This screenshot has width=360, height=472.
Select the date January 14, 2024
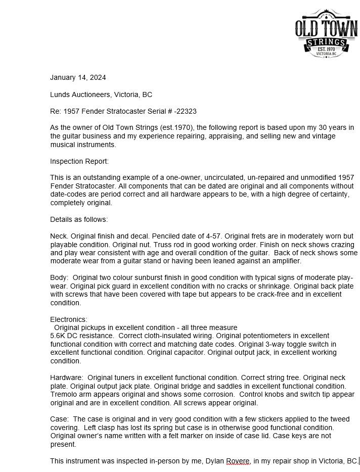[78, 77]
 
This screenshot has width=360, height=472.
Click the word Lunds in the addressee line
[60, 95]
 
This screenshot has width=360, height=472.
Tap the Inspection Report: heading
[79, 161]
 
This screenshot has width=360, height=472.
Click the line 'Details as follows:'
[79, 219]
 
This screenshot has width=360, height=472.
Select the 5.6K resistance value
[60, 336]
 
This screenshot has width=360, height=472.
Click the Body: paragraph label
[59, 278]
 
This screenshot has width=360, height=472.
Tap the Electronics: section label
[69, 319]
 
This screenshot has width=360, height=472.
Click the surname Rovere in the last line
[238, 461]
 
